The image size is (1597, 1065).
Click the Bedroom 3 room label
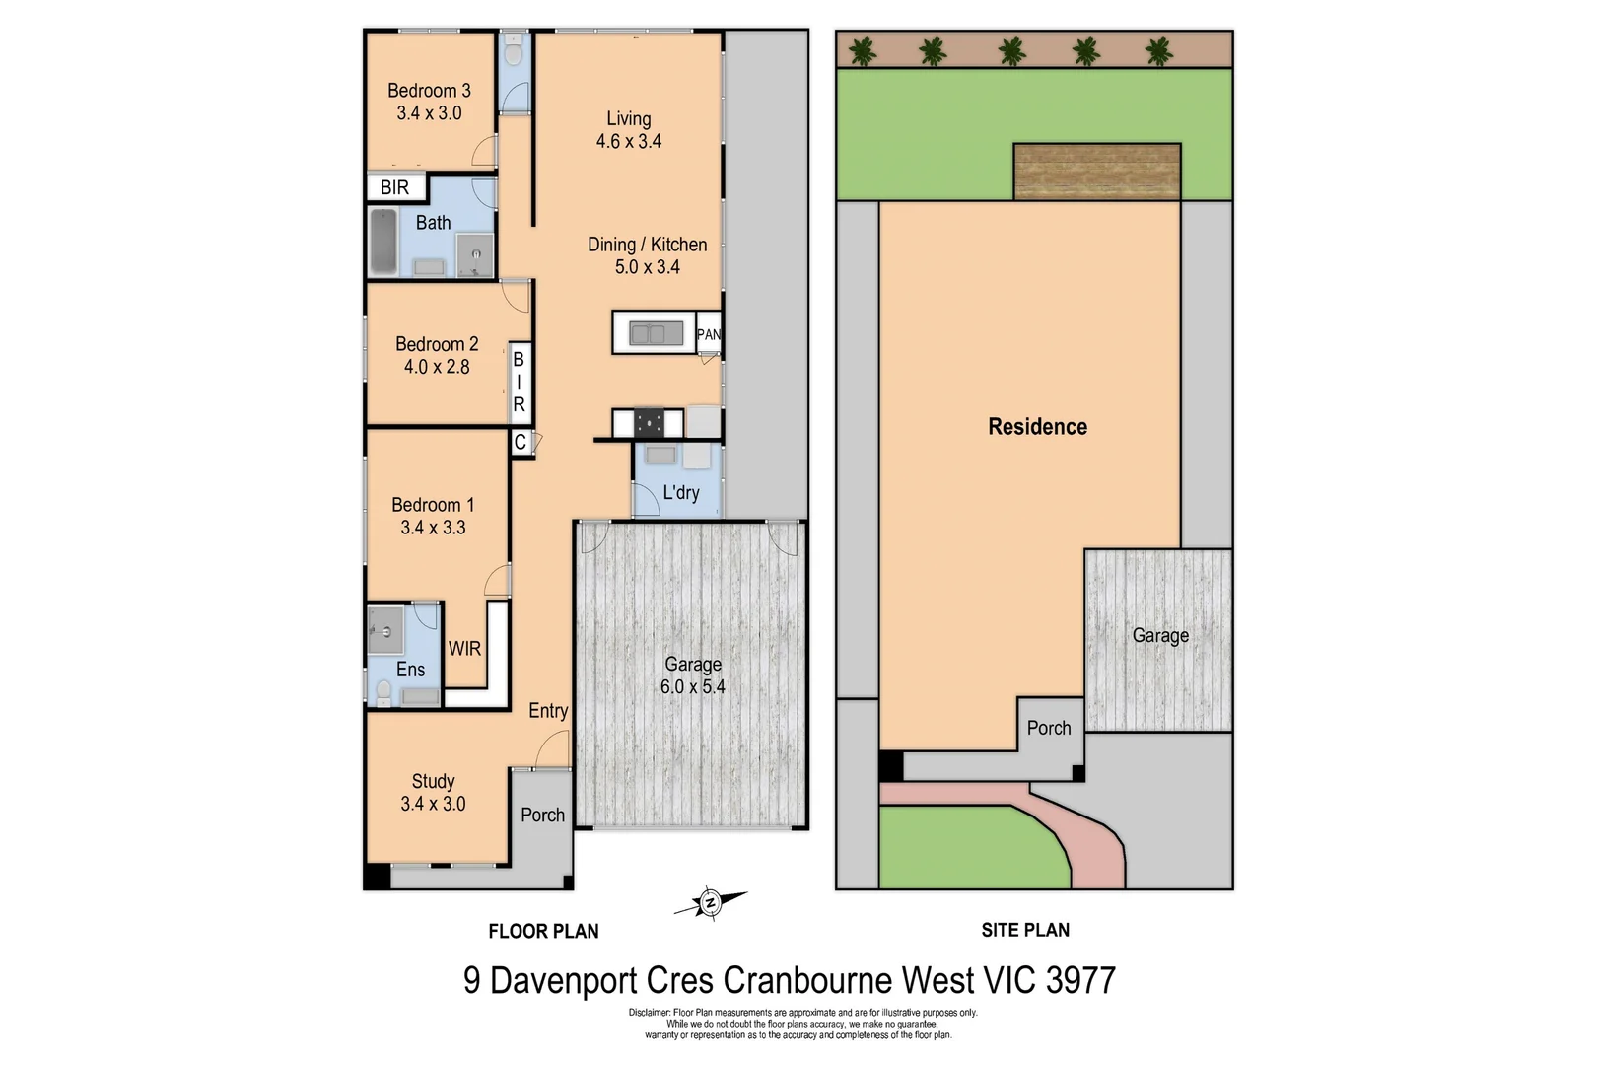coord(429,91)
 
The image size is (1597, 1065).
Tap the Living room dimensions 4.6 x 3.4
coord(628,141)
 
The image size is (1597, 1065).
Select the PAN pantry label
coord(709,334)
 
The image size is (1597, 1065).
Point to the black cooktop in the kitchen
coord(648,423)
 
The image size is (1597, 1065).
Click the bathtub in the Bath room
coord(382,241)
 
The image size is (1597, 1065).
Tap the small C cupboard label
coord(520,443)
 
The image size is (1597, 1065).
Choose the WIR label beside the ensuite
coord(464,648)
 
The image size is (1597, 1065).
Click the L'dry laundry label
coord(680,492)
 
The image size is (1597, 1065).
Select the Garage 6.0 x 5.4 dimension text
coord(692,686)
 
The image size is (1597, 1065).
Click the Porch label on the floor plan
coord(542,815)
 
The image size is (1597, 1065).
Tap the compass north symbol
coord(710,901)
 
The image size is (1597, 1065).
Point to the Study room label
coord(433,781)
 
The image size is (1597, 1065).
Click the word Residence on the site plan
coord(1037,426)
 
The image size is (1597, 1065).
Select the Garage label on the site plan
coord(1159,635)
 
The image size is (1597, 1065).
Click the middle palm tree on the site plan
coord(1011,51)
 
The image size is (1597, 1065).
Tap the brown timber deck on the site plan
coord(1096,171)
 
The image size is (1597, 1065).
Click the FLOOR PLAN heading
coord(543,931)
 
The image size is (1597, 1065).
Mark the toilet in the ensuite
coord(383,692)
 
